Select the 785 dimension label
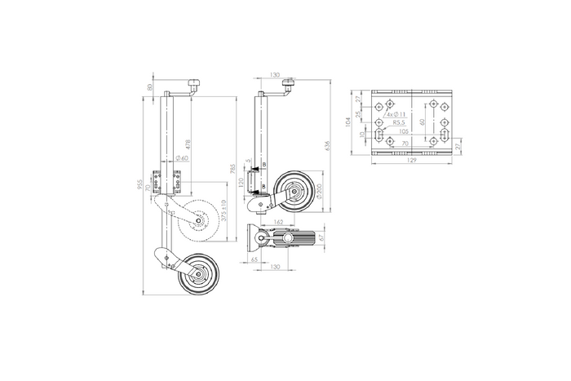click(232, 171)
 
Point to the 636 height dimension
click(328, 145)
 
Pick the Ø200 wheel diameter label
click(318, 190)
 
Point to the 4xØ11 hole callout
click(396, 115)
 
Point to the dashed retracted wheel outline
click(200, 219)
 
